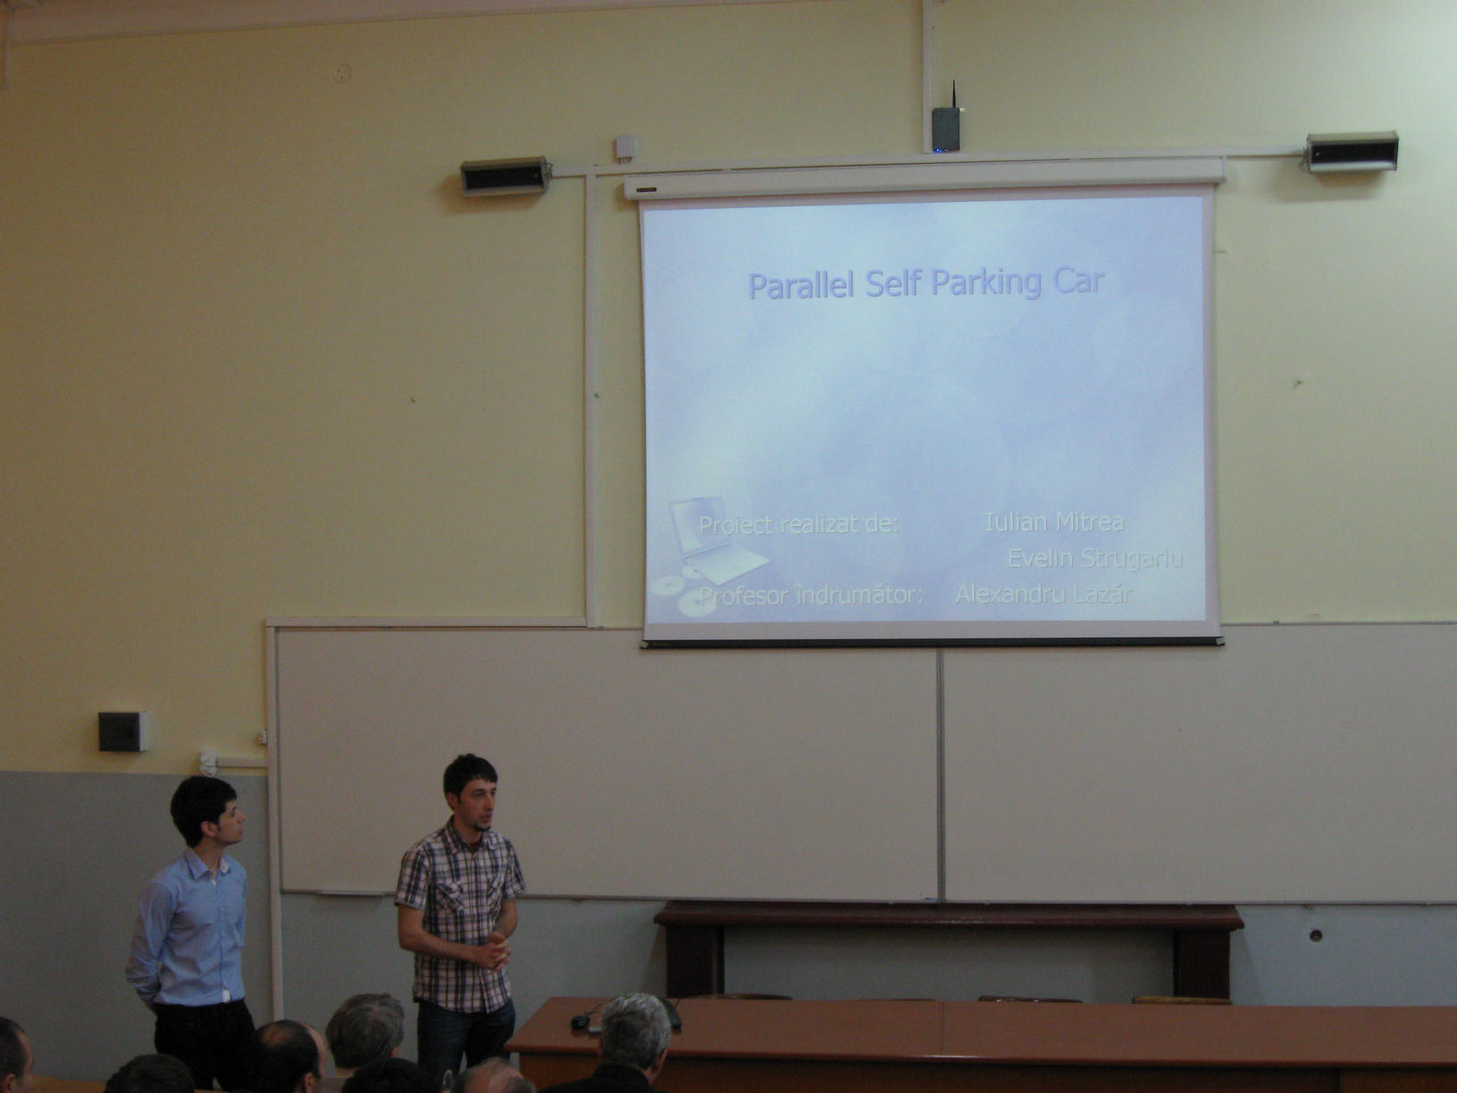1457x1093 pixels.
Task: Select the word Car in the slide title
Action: click(x=1079, y=280)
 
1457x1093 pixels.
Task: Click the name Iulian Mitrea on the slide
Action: click(x=1054, y=521)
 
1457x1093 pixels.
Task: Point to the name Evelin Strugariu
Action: click(x=1095, y=557)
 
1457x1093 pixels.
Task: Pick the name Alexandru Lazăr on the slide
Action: click(x=1044, y=593)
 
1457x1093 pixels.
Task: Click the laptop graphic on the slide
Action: click(x=716, y=539)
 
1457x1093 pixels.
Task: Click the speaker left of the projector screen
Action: click(x=506, y=176)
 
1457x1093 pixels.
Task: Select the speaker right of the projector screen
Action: click(x=1353, y=152)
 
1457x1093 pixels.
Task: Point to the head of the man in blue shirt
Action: click(x=206, y=811)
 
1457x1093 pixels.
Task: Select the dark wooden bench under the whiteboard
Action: click(x=948, y=949)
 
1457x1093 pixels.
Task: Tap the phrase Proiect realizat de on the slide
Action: click(x=798, y=525)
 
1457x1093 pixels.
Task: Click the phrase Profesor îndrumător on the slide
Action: click(x=812, y=595)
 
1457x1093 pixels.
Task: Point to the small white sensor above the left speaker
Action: click(x=625, y=146)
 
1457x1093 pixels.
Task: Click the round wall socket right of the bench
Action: click(x=1315, y=936)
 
